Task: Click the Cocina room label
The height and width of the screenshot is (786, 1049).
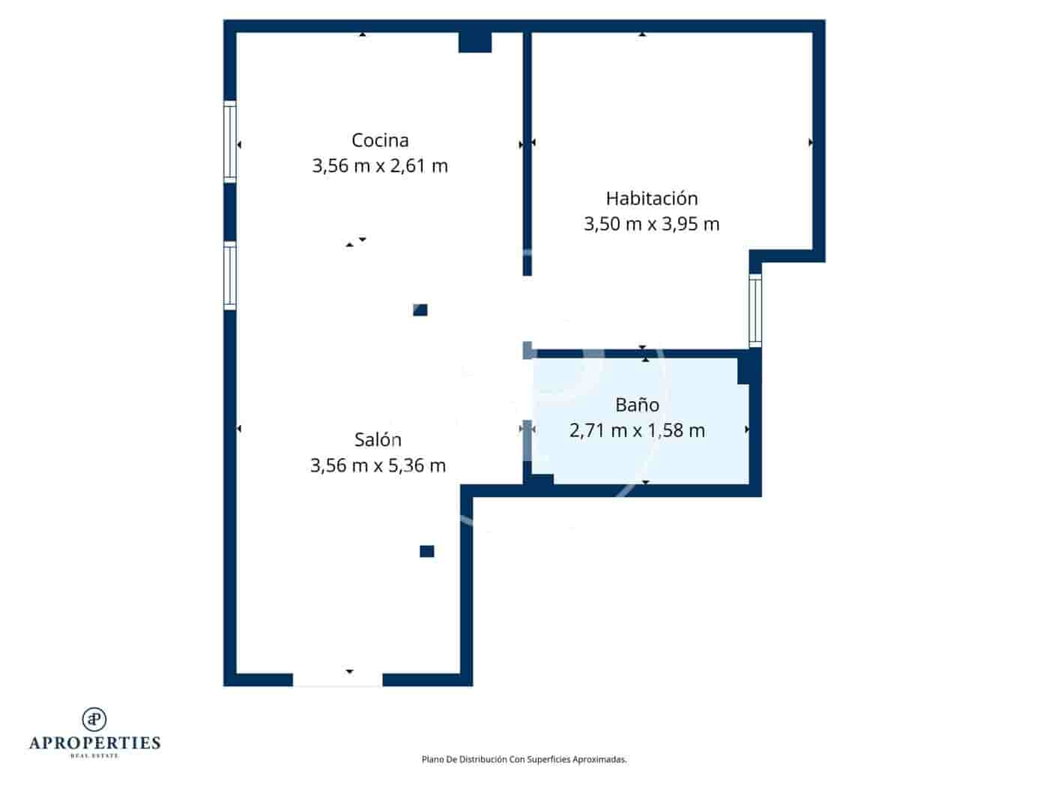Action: click(380, 140)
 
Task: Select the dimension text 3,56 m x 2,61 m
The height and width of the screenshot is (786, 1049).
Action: click(380, 165)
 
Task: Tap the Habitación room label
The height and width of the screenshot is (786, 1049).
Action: click(651, 198)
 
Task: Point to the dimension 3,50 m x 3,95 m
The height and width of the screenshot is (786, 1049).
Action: click(651, 224)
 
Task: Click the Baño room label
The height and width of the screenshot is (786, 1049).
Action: click(637, 405)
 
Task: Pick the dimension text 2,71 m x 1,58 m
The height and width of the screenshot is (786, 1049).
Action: click(637, 430)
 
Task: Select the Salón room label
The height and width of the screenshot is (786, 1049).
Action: click(378, 439)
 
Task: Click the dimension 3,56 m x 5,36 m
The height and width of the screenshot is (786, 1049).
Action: click(378, 466)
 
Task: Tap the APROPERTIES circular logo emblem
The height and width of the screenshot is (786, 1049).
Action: click(94, 719)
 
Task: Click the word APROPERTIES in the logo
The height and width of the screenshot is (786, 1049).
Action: click(94, 743)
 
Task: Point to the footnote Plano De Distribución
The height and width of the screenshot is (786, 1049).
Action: click(524, 759)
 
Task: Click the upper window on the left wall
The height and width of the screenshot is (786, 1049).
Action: click(230, 141)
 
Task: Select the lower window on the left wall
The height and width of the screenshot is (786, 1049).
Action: click(230, 275)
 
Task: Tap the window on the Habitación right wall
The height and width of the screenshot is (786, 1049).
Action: click(755, 309)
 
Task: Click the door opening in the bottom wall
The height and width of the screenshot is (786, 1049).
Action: click(337, 680)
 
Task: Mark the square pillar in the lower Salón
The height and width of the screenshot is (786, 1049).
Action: click(427, 552)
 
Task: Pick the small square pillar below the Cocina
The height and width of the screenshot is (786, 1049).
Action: click(420, 310)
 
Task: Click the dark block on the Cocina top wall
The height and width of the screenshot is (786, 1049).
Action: click(475, 42)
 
